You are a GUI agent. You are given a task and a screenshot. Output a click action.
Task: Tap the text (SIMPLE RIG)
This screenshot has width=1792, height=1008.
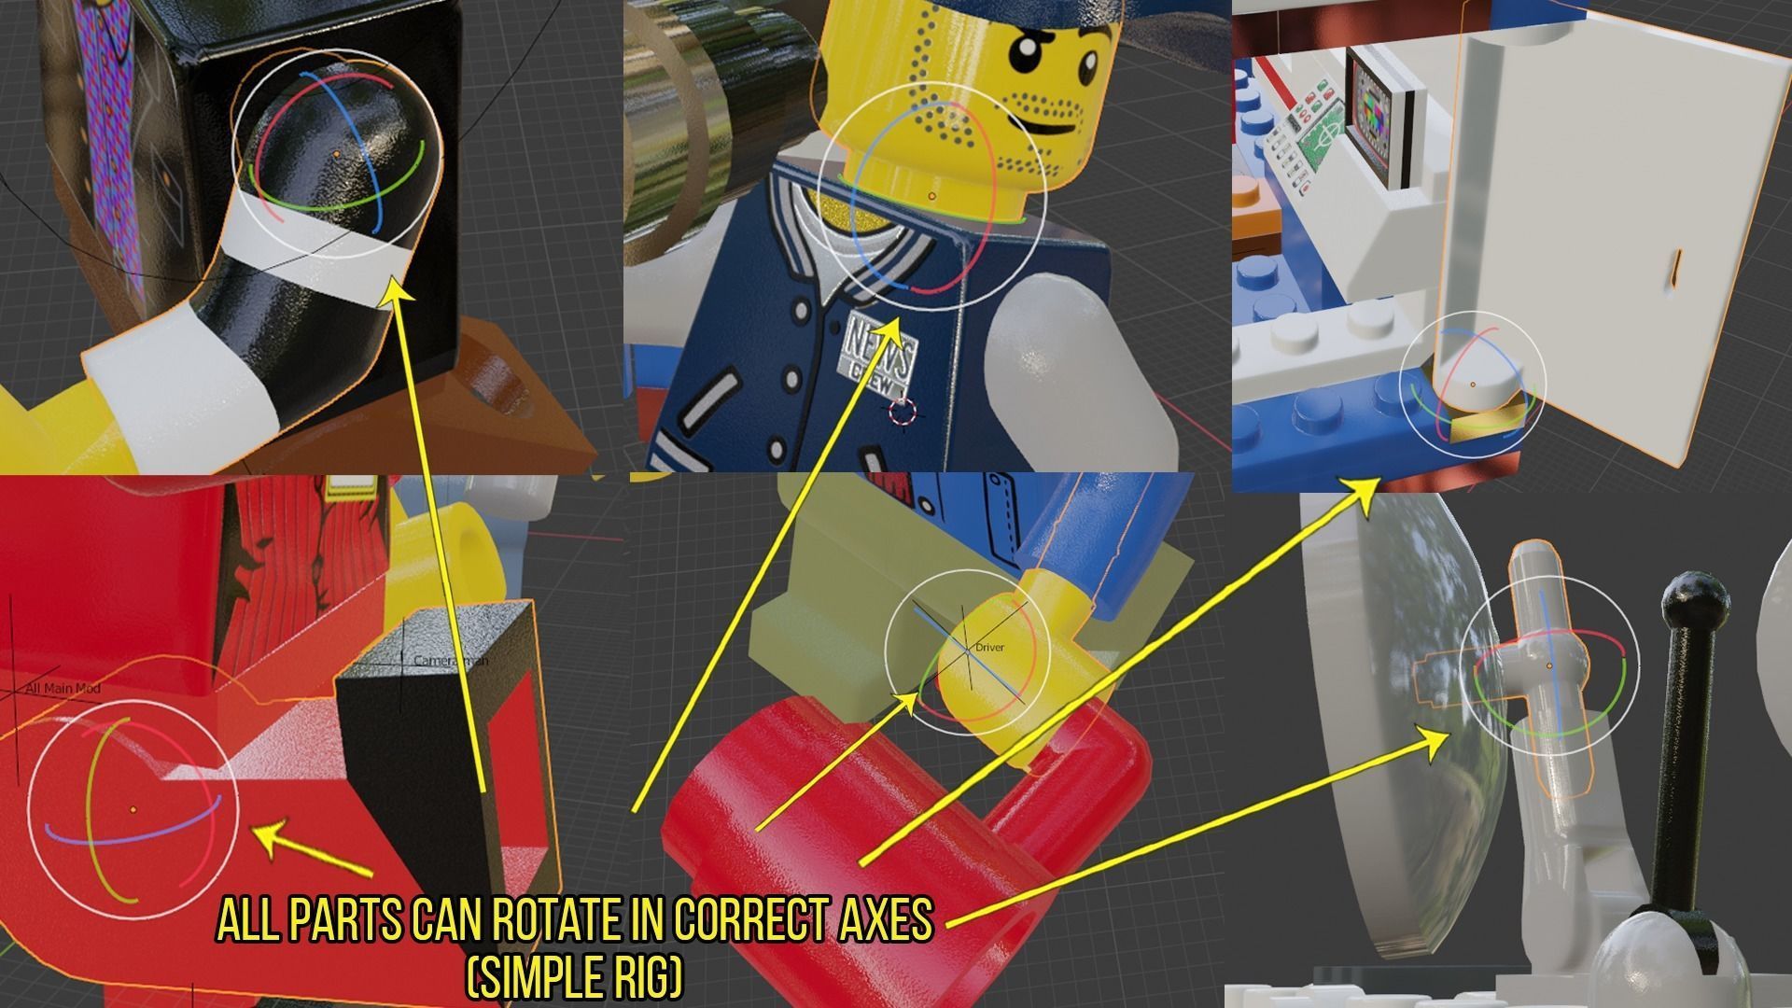574,978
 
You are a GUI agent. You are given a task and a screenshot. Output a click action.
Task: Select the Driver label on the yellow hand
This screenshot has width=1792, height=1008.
989,647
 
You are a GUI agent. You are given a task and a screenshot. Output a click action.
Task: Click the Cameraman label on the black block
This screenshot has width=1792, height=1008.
450,661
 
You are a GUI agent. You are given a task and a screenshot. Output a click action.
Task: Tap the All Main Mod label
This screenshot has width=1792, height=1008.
63,689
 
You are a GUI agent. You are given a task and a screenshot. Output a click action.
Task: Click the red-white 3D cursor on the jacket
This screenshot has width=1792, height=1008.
903,411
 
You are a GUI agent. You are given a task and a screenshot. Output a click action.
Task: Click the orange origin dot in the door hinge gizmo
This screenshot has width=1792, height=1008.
1474,385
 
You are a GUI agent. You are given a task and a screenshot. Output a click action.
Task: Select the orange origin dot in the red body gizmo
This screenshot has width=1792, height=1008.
133,808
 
